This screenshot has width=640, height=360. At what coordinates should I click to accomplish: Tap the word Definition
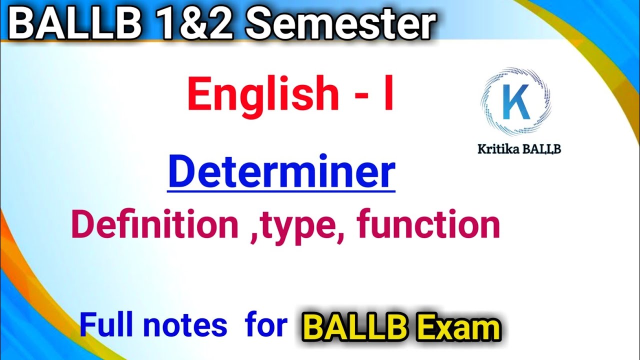[155, 225]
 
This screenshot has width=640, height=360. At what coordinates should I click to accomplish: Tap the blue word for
[266, 325]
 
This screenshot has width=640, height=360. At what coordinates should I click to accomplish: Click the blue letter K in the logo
[515, 102]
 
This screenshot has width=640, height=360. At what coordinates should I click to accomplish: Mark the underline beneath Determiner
[281, 189]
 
